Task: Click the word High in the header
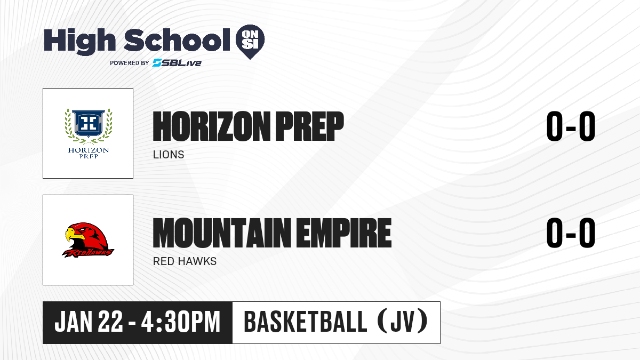coord(79,42)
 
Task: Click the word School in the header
coord(177,40)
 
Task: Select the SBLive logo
coord(177,62)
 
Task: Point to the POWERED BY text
coord(130,63)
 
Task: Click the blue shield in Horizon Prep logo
coord(89,123)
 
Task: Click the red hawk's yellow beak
coord(74,235)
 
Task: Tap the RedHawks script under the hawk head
coord(88,253)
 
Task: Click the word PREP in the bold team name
coord(309,126)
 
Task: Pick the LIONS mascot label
coord(169,155)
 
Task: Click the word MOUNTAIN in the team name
coord(222,233)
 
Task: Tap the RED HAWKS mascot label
coord(185,261)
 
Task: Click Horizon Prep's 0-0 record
coord(571,126)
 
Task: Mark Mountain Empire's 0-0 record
coord(571,233)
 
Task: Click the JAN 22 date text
coord(89,322)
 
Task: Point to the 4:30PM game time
coord(181,322)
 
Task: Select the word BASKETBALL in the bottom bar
coord(306,322)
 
